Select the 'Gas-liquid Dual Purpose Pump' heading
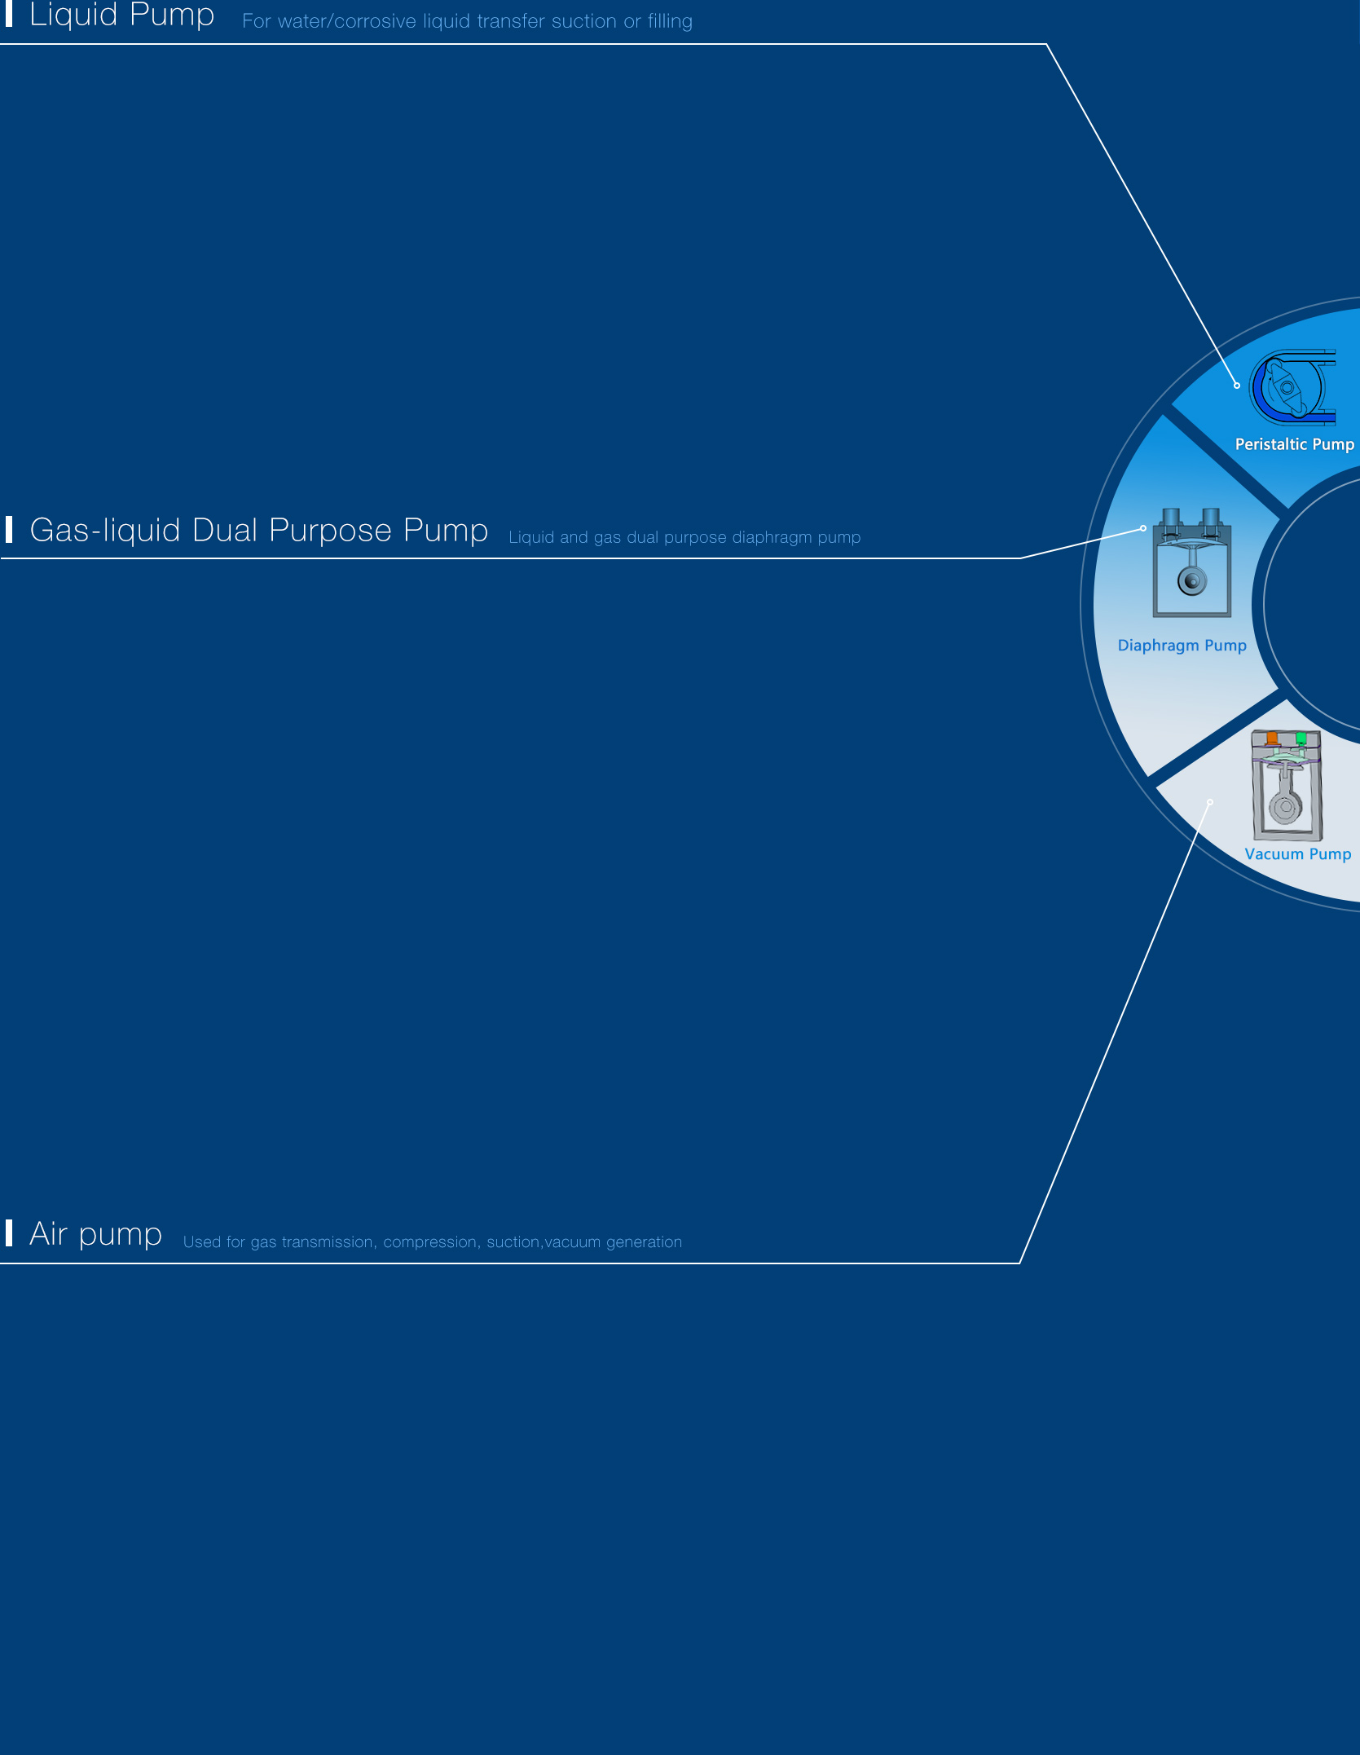[x=259, y=531]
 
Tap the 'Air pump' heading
[x=96, y=1235]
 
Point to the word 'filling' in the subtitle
[x=670, y=21]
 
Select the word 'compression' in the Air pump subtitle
[x=429, y=1242]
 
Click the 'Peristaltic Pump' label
[x=1295, y=444]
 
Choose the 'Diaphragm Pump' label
[x=1182, y=646]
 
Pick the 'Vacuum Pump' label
[x=1298, y=854]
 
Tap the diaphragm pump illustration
[x=1191, y=562]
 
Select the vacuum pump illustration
[x=1287, y=785]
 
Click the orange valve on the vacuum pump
[x=1272, y=739]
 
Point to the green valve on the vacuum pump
[x=1301, y=739]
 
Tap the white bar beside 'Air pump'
[x=9, y=1233]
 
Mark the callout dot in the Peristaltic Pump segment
[x=1237, y=386]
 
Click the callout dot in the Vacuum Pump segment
[x=1210, y=802]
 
